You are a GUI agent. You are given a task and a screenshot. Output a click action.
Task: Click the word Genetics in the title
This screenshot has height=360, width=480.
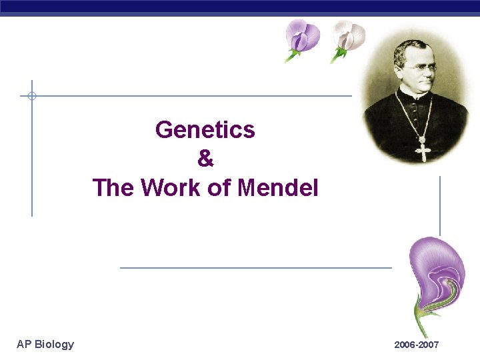coord(205,129)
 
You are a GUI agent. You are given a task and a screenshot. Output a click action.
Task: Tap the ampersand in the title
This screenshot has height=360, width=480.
coord(205,159)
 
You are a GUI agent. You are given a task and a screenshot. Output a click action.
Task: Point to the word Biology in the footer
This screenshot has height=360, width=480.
coord(54,344)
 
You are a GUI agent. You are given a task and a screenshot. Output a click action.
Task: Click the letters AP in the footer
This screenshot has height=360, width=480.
coord(24,344)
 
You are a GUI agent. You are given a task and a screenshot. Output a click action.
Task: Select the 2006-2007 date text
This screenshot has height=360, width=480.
coord(416,345)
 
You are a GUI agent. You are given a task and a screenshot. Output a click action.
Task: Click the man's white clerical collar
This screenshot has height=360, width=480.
coord(417,95)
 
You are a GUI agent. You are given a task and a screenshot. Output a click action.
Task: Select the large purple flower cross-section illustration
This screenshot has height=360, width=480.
coord(437,270)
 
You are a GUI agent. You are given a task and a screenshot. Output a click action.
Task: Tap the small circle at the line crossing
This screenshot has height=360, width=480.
coord(31,96)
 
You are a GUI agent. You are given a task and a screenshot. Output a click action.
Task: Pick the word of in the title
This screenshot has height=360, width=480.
coord(219,188)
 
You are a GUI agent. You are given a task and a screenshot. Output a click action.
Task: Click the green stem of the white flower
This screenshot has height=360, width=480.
coord(336,56)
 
